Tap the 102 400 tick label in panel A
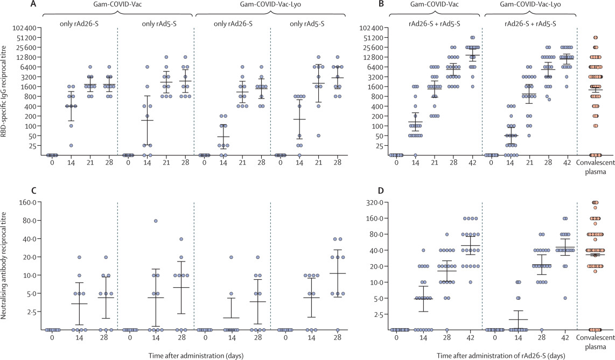point(25,28)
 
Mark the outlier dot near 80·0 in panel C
point(155,221)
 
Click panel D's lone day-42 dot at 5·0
point(565,298)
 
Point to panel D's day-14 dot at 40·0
point(423,250)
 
